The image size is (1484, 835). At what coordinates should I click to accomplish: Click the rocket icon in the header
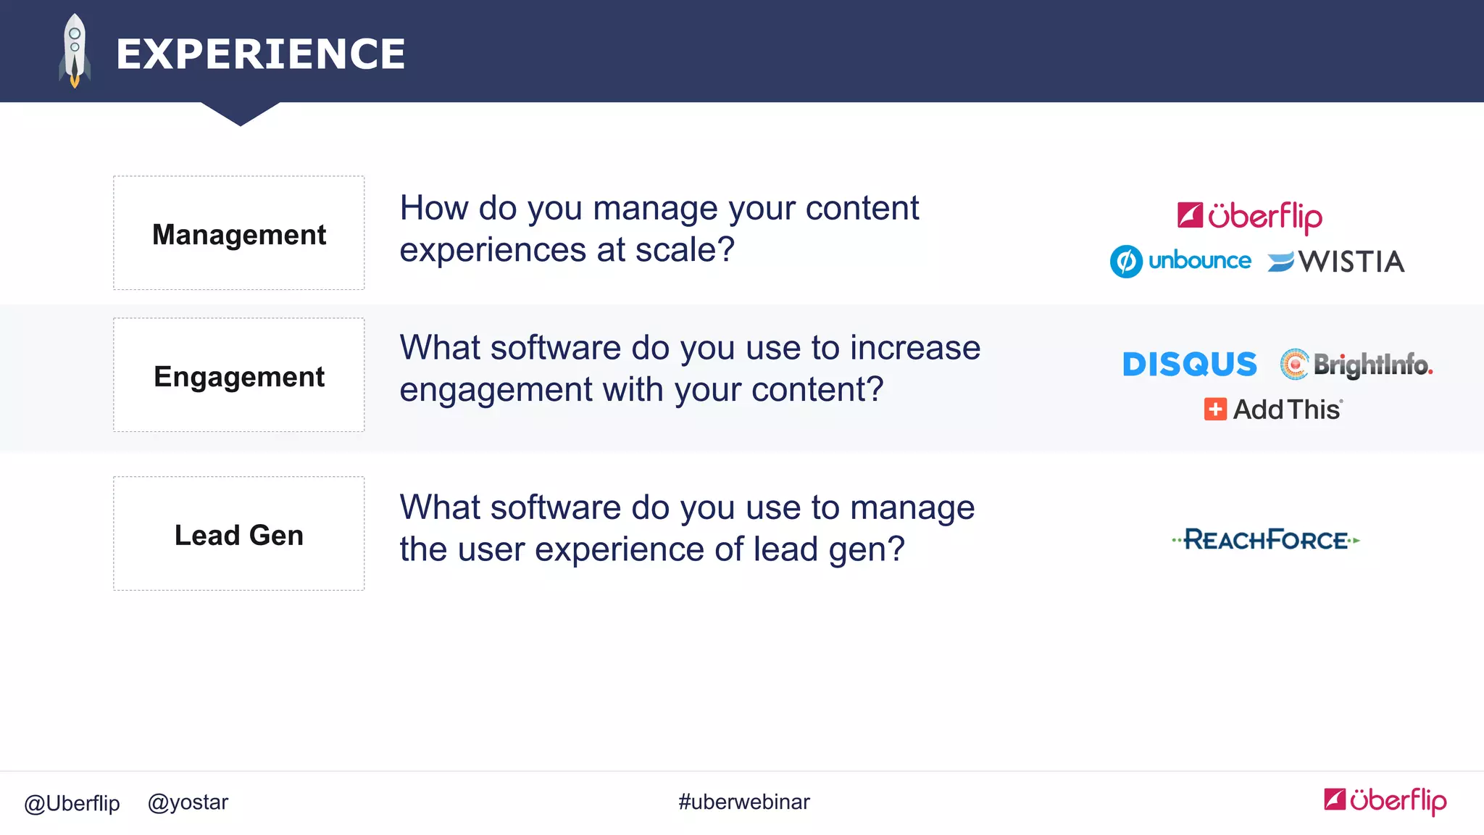(x=75, y=51)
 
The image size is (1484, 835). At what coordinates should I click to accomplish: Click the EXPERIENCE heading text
(x=260, y=54)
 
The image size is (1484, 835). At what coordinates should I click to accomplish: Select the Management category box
(x=238, y=233)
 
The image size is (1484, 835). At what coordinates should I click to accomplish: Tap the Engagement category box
(x=238, y=375)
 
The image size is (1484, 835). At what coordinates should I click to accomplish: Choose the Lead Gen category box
(x=238, y=534)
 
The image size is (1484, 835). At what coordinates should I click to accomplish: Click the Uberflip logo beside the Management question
(x=1249, y=216)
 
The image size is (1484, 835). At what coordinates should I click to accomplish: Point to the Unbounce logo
(x=1180, y=261)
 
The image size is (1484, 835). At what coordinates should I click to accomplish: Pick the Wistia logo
(x=1336, y=262)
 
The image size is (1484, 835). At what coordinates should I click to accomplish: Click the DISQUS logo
(x=1189, y=364)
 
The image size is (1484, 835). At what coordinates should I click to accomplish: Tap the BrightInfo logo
(x=1356, y=364)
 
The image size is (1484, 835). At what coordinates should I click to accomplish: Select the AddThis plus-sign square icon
(x=1215, y=410)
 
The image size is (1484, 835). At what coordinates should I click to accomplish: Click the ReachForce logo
(x=1266, y=540)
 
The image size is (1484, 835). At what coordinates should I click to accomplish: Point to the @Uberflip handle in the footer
(x=72, y=803)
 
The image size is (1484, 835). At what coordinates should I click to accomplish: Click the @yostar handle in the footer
(x=188, y=802)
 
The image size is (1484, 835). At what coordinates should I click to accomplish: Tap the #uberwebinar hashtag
(x=743, y=802)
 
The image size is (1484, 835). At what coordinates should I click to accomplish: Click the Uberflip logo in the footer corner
(x=1385, y=800)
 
